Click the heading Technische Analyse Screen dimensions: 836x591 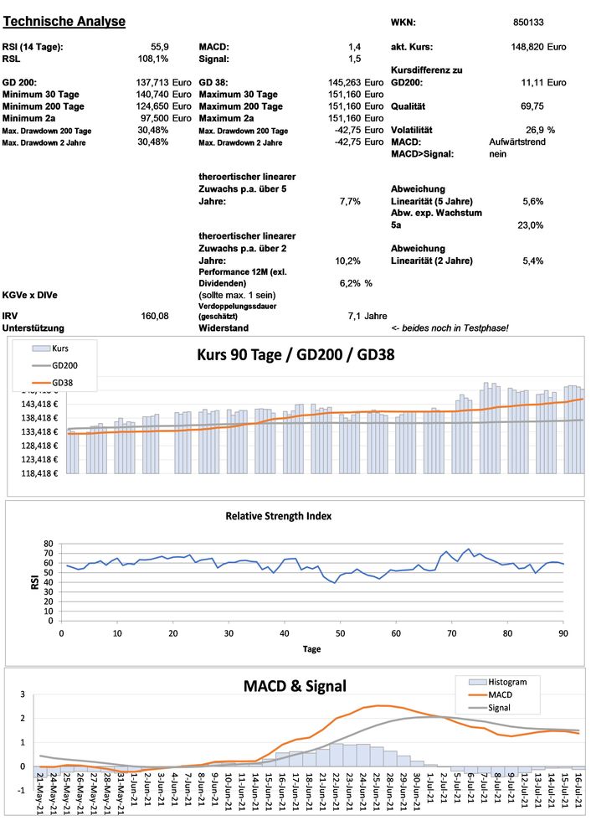click(64, 21)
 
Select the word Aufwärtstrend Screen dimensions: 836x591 click(517, 142)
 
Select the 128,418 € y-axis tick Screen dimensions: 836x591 click(37, 446)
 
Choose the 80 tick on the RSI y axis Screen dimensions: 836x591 click(47, 543)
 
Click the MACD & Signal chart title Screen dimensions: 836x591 click(295, 686)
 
